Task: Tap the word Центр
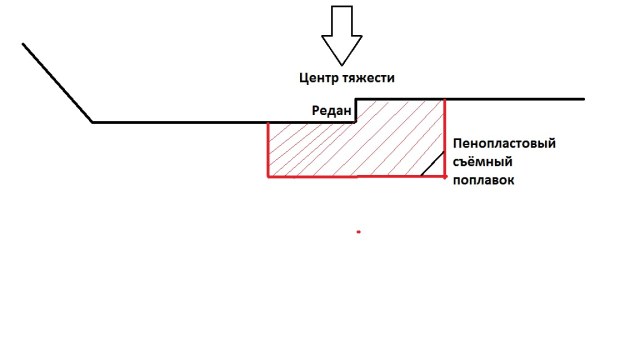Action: click(x=320, y=77)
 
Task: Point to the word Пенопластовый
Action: click(x=504, y=144)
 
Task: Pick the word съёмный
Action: click(x=482, y=163)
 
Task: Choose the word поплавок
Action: click(x=486, y=182)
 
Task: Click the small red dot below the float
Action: click(x=358, y=232)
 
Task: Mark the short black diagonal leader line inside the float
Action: click(x=432, y=165)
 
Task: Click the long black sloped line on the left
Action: click(x=58, y=83)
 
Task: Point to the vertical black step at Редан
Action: click(x=356, y=110)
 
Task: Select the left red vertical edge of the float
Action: click(x=268, y=150)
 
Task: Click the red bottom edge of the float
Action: click(x=355, y=177)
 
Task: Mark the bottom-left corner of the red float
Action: click(x=268, y=177)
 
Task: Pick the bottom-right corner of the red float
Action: click(x=444, y=177)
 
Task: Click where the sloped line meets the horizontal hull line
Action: click(x=93, y=122)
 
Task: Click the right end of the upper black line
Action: click(x=583, y=99)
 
